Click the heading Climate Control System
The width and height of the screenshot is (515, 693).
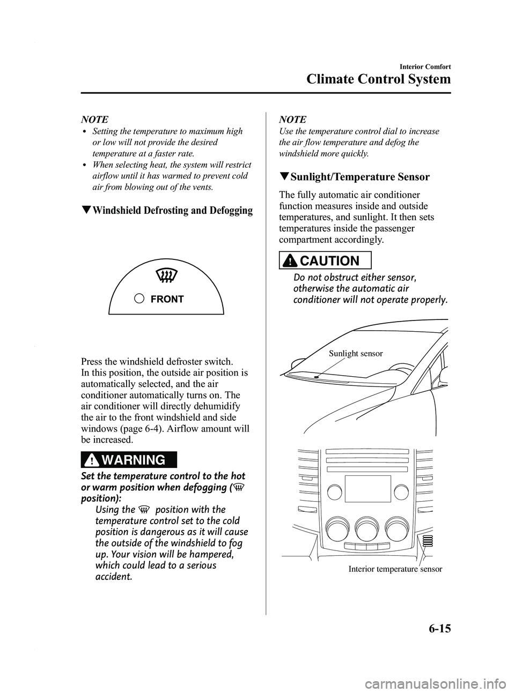pyautogui.click(x=378, y=80)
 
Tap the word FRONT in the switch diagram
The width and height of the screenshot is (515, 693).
pyautogui.click(x=167, y=299)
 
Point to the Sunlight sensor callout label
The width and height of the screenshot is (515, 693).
pyautogui.click(x=356, y=353)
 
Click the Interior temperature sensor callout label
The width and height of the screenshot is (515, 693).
pyautogui.click(x=395, y=569)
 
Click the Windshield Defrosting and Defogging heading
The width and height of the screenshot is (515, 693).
pyautogui.click(x=167, y=210)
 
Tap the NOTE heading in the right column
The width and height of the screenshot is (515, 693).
pyautogui.click(x=292, y=119)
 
